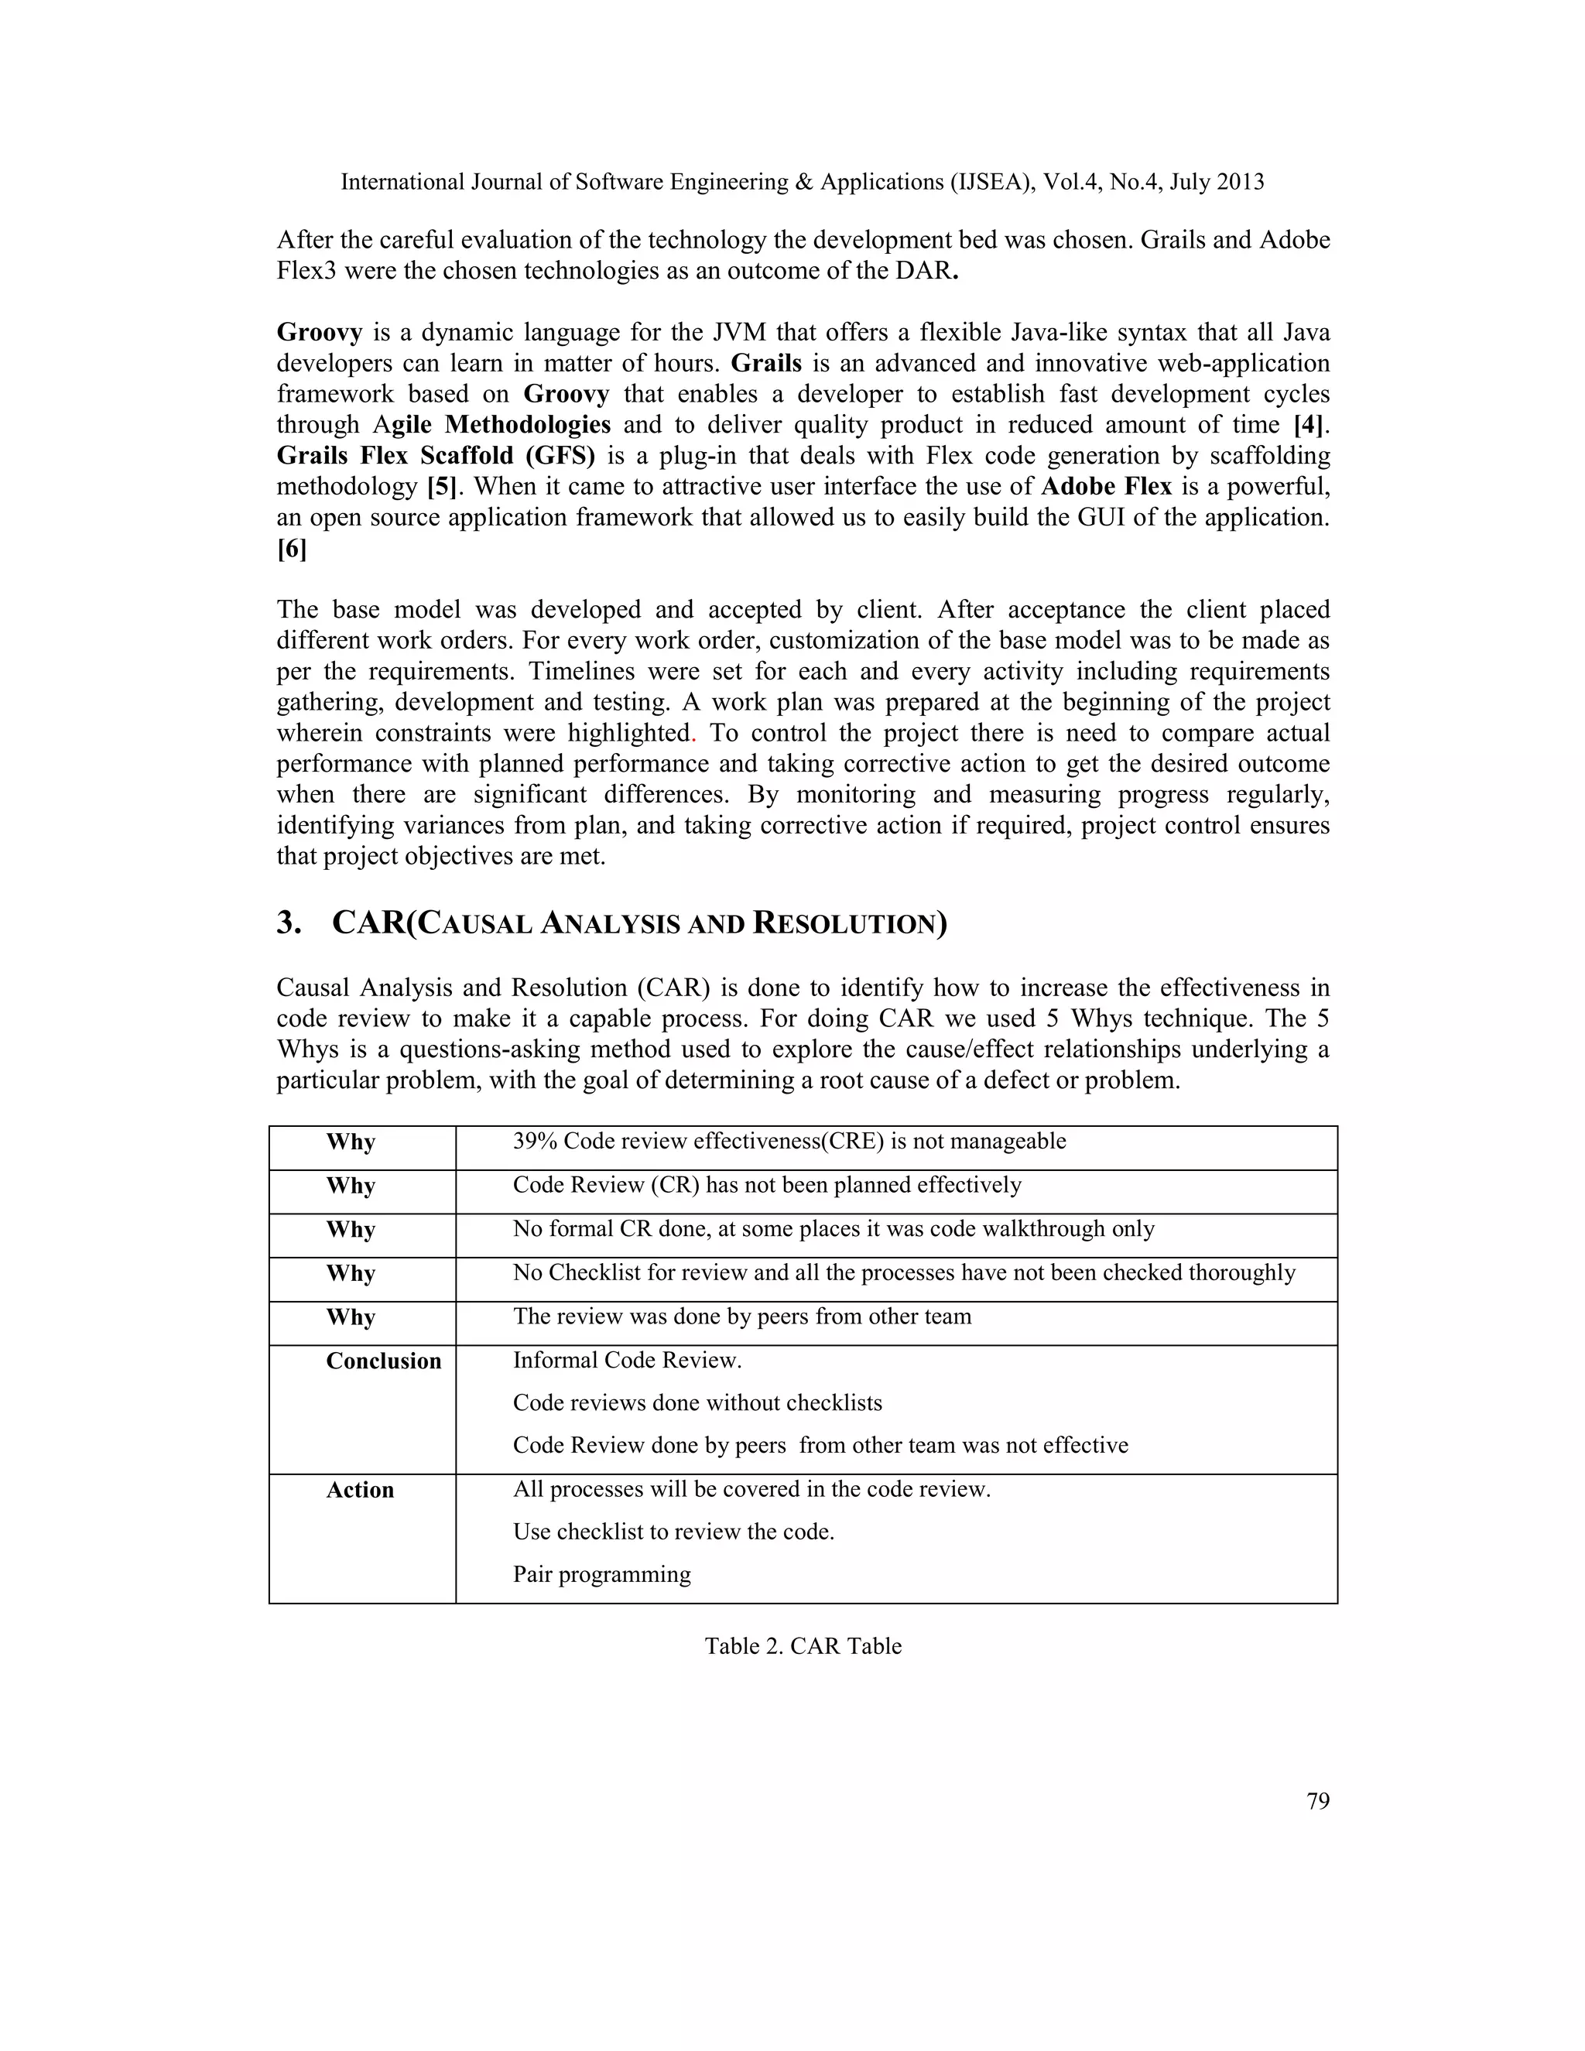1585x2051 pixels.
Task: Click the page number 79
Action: (1317, 1800)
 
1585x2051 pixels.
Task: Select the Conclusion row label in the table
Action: (383, 1361)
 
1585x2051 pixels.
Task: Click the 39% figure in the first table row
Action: (534, 1141)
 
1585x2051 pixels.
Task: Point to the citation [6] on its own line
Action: (291, 550)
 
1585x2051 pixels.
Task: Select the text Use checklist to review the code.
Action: (673, 1532)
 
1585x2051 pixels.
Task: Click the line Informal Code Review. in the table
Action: (626, 1360)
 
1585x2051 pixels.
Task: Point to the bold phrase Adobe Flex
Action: (1106, 487)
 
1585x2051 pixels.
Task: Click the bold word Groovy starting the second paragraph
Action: (320, 333)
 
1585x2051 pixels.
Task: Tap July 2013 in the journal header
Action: (1216, 182)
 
